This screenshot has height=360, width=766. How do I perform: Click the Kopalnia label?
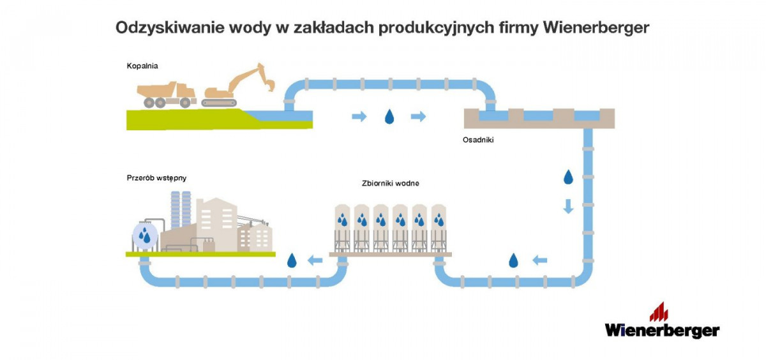[142, 66]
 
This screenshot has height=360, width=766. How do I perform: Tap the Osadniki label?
[477, 139]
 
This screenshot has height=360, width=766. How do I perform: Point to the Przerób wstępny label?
[156, 178]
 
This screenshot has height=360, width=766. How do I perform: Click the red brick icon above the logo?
[659, 312]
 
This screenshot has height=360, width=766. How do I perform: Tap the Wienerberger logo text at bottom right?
[662, 330]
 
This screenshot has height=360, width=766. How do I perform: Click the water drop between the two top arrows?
[389, 117]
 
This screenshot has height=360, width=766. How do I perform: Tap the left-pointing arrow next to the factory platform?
[314, 260]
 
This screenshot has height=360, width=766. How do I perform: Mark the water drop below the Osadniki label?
[567, 177]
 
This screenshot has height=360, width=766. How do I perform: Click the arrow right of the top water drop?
[418, 116]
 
